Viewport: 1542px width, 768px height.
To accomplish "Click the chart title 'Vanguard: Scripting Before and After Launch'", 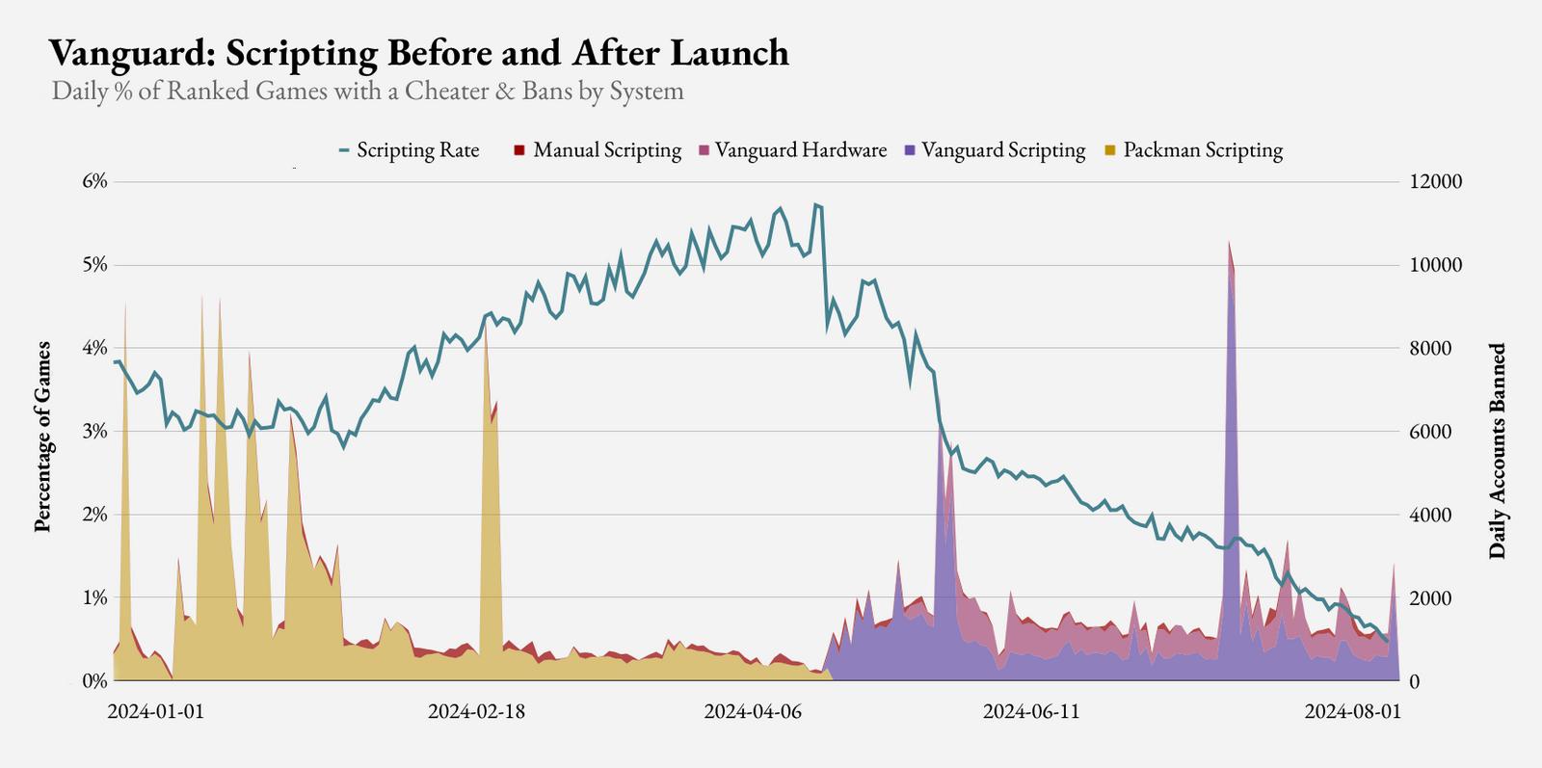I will pos(418,53).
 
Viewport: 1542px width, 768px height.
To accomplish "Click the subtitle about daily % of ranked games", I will pos(367,92).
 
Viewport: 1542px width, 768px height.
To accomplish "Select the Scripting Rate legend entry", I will pos(410,150).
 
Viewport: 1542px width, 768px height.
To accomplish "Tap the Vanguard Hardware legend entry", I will pos(793,150).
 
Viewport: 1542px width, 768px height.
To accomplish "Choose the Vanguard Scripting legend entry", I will pos(996,150).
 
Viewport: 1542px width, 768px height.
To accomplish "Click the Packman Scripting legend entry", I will pos(1194,150).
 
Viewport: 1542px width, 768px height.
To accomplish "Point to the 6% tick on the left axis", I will pos(93,182).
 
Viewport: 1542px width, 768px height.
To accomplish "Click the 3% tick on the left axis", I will pos(93,431).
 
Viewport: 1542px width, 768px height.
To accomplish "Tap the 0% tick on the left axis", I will pos(93,680).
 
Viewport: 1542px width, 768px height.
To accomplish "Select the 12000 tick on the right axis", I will pos(1436,182).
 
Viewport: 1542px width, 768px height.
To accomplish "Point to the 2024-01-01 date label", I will pos(156,711).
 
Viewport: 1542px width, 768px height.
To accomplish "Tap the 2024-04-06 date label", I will pos(753,711).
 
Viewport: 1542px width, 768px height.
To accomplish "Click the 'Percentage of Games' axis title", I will pos(42,436).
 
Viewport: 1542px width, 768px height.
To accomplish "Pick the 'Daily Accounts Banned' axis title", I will pos(1497,451).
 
